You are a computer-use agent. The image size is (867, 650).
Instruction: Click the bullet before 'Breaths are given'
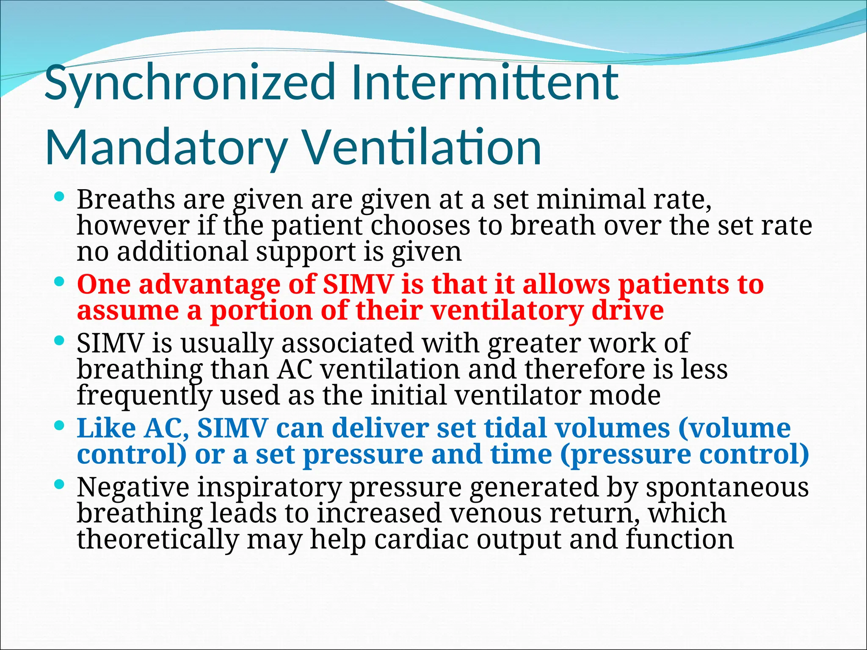(x=60, y=196)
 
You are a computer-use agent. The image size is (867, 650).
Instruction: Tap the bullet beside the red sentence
(x=60, y=281)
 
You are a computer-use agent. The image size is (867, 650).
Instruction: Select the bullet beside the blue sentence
(x=60, y=424)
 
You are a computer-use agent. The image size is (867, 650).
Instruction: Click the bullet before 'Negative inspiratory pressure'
(x=60, y=484)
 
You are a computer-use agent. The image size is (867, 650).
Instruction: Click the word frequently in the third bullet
(x=144, y=396)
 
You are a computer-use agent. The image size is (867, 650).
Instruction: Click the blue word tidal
(x=516, y=428)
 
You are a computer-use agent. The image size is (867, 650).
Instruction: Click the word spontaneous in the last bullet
(x=727, y=487)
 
